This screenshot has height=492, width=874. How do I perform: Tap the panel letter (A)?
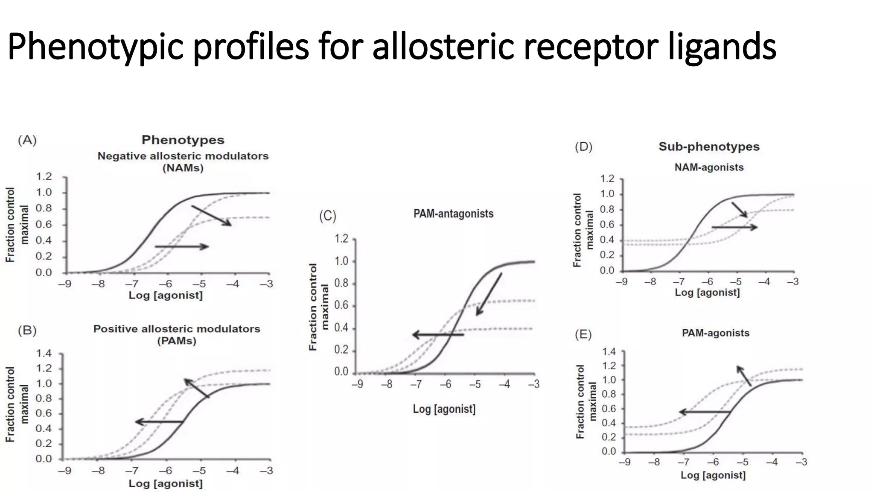[x=27, y=140]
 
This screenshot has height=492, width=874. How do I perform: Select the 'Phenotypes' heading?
[x=183, y=140]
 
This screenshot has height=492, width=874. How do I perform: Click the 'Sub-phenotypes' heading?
[x=709, y=146]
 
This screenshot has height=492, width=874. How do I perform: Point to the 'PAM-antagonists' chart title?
[x=453, y=214]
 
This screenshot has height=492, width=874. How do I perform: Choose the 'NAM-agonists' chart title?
[x=709, y=167]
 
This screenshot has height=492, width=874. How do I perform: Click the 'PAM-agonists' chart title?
[x=715, y=333]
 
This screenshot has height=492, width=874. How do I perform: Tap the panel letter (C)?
[x=328, y=216]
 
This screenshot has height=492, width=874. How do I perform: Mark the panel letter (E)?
[x=583, y=334]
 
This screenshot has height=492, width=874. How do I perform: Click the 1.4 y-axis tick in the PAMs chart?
[x=44, y=353]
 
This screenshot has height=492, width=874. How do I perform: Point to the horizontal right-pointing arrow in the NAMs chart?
[x=182, y=246]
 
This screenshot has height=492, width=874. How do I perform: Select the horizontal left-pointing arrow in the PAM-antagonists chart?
[x=438, y=335]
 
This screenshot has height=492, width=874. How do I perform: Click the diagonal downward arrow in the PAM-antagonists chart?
[x=489, y=294]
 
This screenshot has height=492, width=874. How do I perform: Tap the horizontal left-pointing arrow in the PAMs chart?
[x=159, y=422]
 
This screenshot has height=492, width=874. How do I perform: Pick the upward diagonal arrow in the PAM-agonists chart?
[x=744, y=376]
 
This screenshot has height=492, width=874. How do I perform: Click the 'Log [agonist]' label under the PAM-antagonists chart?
[x=444, y=409]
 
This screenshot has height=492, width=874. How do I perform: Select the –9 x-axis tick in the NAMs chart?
[x=64, y=284]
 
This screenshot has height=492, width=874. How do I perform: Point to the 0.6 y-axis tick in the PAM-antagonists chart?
[x=341, y=305]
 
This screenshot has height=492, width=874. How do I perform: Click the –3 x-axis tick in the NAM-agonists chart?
[x=792, y=282]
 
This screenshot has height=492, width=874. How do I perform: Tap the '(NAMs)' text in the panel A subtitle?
[x=183, y=168]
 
